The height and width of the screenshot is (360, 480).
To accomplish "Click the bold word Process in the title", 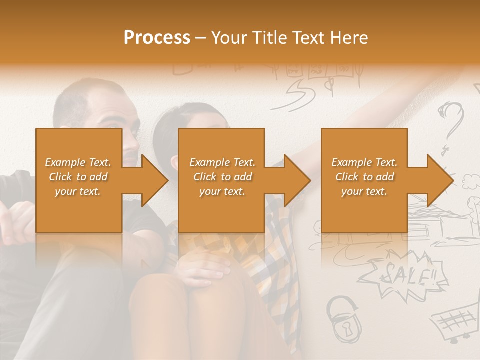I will [157, 38].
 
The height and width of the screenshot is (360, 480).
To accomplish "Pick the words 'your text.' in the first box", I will [78, 191].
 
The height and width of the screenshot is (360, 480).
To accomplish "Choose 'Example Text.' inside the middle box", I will [222, 162].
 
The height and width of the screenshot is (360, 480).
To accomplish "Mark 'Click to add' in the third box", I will [364, 177].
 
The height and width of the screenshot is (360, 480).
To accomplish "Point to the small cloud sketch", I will [470, 179].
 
